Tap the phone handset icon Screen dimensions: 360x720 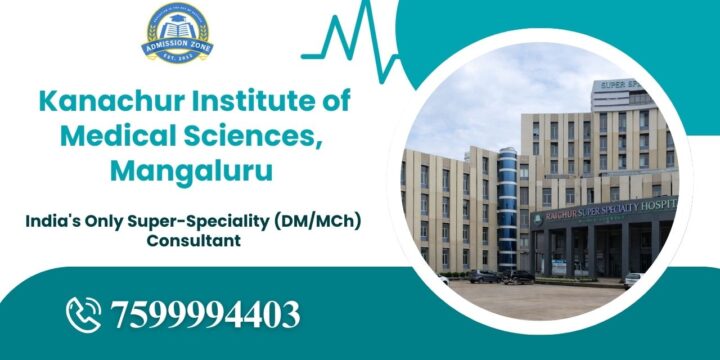[86, 313]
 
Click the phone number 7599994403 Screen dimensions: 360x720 [205, 314]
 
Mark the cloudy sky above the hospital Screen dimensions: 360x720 [480, 110]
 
